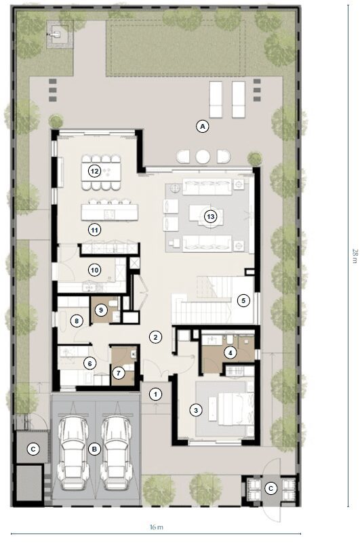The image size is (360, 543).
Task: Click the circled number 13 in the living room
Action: pyautogui.click(x=211, y=217)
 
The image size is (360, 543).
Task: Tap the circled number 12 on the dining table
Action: pyautogui.click(x=95, y=171)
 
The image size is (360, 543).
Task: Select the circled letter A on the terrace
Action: pyautogui.click(x=201, y=125)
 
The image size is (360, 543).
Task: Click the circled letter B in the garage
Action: pyautogui.click(x=95, y=448)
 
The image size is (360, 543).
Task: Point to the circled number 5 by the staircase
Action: pyautogui.click(x=244, y=300)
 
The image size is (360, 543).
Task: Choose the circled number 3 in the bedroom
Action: pyautogui.click(x=196, y=409)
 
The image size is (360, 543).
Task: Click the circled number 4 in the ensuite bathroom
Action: pyautogui.click(x=230, y=352)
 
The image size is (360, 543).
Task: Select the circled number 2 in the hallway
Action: pyautogui.click(x=155, y=337)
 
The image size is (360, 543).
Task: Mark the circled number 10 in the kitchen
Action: pyautogui.click(x=95, y=270)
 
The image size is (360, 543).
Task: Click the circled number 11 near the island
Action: pyautogui.click(x=95, y=230)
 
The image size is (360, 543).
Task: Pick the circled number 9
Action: pyautogui.click(x=101, y=310)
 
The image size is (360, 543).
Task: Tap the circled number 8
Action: pyautogui.click(x=77, y=321)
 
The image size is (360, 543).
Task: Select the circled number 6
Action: pyautogui.click(x=89, y=363)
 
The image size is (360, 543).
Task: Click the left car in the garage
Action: pyautogui.click(x=73, y=451)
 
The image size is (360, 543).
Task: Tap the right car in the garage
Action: pyautogui.click(x=117, y=451)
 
